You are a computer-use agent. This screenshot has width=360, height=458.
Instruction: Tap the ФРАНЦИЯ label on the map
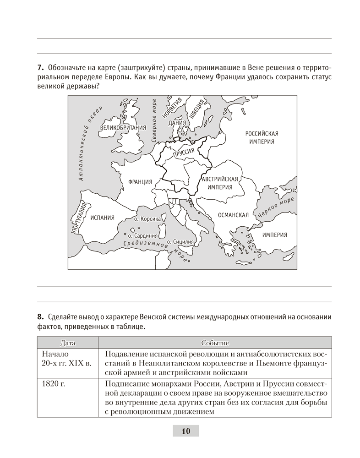click(x=140, y=182)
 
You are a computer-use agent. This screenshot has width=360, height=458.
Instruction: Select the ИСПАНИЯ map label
click(x=102, y=218)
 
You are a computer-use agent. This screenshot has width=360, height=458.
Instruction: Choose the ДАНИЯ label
click(x=177, y=123)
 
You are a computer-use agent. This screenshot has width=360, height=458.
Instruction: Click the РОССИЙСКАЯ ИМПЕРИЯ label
click(x=262, y=137)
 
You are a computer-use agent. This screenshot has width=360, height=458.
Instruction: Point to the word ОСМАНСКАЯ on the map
click(x=233, y=215)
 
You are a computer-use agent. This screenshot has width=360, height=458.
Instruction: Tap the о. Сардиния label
click(x=142, y=235)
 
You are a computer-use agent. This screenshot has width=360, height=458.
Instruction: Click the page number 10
click(x=185, y=431)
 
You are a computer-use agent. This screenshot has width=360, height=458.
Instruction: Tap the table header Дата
click(x=67, y=343)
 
